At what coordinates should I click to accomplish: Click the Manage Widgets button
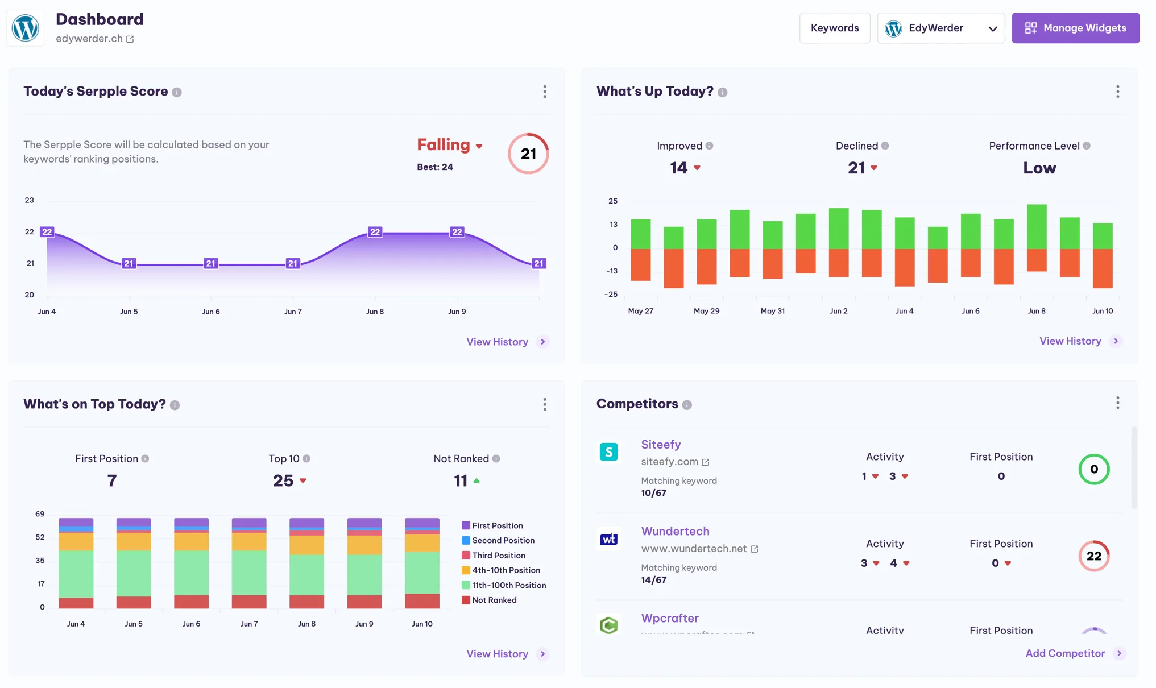pyautogui.click(x=1075, y=28)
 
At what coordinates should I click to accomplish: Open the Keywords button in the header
pyautogui.click(x=834, y=28)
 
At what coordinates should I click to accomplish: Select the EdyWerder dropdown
pyautogui.click(x=940, y=28)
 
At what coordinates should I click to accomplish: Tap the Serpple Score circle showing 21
pyautogui.click(x=528, y=154)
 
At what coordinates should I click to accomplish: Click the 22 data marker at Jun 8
pyautogui.click(x=375, y=232)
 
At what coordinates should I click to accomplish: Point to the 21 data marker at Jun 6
pyautogui.click(x=210, y=263)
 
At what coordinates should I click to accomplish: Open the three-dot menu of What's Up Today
pyautogui.click(x=1117, y=92)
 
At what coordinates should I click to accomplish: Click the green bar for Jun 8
pyautogui.click(x=1036, y=226)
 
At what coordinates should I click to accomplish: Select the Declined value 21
pyautogui.click(x=856, y=168)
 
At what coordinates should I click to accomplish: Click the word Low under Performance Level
pyautogui.click(x=1039, y=168)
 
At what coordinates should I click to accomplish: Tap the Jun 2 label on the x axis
pyautogui.click(x=838, y=311)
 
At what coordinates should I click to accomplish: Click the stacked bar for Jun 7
pyautogui.click(x=249, y=563)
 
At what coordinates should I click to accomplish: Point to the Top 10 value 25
pyautogui.click(x=283, y=481)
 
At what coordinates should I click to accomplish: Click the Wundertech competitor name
pyautogui.click(x=675, y=531)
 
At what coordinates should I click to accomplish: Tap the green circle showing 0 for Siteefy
pyautogui.click(x=1093, y=469)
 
